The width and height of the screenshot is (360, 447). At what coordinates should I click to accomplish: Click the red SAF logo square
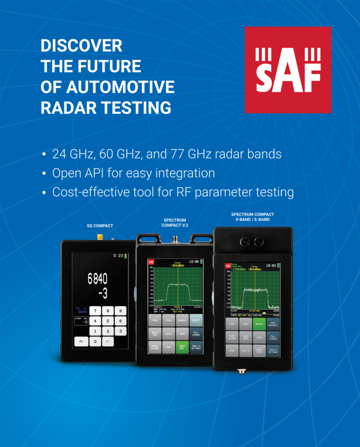point(288,70)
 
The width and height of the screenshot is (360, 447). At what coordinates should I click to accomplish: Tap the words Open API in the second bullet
point(73,173)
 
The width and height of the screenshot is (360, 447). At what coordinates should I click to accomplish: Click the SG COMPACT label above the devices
point(99,226)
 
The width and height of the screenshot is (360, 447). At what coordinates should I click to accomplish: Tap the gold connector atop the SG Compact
point(100,237)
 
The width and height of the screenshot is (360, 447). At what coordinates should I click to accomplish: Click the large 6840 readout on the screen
point(97,279)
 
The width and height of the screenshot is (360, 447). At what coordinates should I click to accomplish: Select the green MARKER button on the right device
point(260,324)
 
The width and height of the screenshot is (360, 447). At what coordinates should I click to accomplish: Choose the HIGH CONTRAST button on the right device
point(273,324)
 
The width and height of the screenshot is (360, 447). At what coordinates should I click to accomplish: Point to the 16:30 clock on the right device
point(270,265)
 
